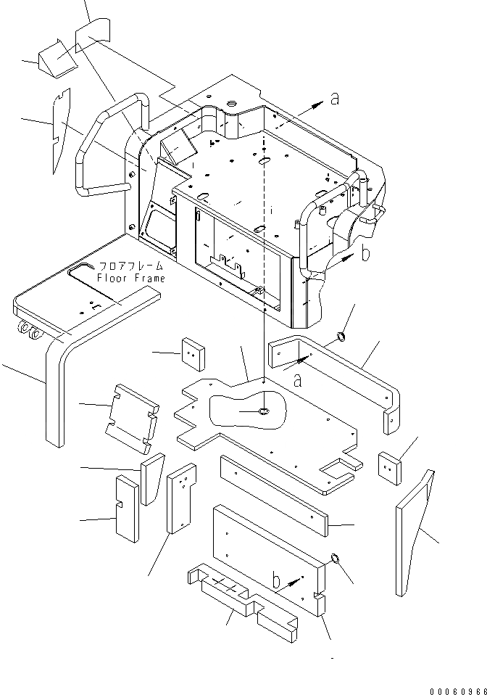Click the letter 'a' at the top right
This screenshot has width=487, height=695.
tap(334, 99)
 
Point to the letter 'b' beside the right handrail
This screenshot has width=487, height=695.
tap(365, 253)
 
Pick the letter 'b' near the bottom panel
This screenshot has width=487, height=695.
tap(277, 580)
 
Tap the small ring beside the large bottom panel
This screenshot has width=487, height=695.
tap(334, 559)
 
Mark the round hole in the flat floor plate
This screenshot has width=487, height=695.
tap(264, 412)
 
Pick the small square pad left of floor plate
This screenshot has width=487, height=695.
tap(193, 354)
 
